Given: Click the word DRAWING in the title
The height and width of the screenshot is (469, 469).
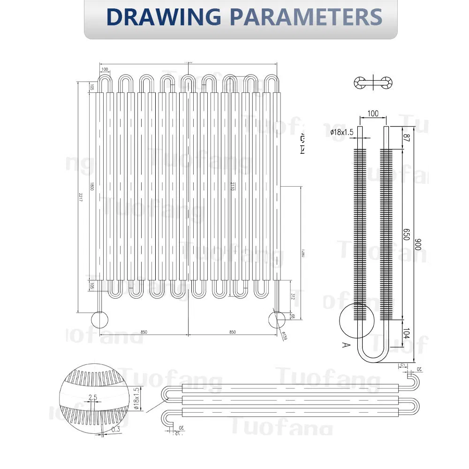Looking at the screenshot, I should [x=163, y=17].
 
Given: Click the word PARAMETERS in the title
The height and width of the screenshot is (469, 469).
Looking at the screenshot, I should [x=305, y=17].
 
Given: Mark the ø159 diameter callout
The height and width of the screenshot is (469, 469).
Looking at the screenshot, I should [x=284, y=336].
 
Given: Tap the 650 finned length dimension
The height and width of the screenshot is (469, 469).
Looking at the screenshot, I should [x=407, y=234].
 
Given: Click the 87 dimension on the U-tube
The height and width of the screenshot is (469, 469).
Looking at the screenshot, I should [x=407, y=138].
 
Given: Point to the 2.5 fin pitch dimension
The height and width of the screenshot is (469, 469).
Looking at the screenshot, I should [x=92, y=398].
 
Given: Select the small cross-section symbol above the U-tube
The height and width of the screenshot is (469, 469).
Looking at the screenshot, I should [x=373, y=83].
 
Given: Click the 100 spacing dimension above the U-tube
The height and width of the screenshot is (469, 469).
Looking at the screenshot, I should [x=372, y=114].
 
